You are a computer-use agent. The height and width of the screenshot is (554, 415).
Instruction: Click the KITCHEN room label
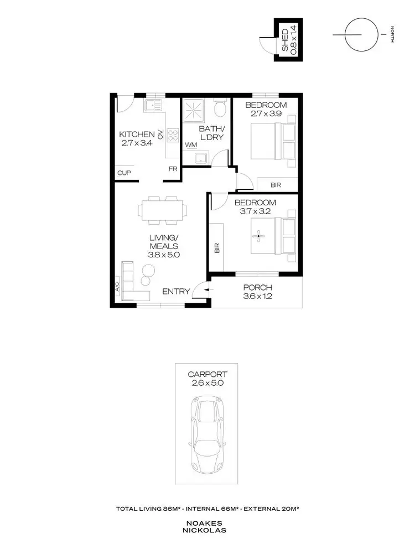(137, 134)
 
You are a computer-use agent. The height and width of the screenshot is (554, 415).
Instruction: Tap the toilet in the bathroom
(220, 108)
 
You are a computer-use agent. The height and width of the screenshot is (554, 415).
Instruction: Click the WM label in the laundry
(191, 145)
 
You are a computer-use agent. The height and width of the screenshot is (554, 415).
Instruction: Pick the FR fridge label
(173, 169)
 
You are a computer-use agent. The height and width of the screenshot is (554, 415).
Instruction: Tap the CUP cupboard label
(123, 173)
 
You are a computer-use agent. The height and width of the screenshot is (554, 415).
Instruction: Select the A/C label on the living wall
(118, 287)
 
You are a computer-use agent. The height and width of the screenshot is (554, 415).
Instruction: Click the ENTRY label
(176, 292)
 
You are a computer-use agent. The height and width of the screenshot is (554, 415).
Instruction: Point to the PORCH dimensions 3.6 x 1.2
(257, 296)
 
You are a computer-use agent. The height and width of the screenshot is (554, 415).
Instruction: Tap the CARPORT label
(206, 374)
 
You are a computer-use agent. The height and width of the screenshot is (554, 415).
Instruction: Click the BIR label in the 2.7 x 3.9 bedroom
(275, 185)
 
